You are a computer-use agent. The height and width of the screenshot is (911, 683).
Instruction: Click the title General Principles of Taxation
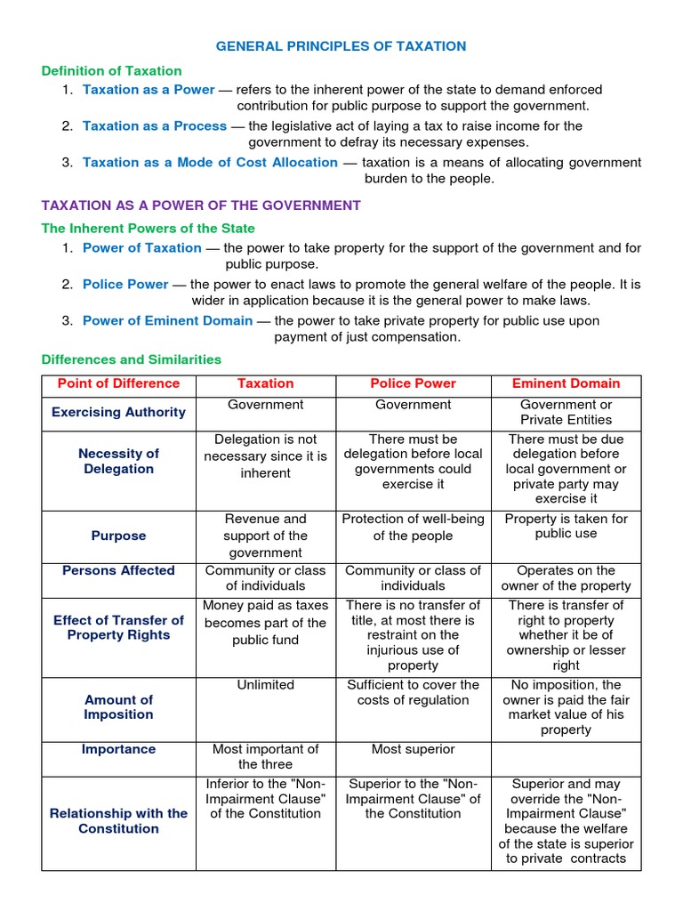[x=342, y=46]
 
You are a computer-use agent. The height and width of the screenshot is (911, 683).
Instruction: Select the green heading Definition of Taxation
[x=112, y=71]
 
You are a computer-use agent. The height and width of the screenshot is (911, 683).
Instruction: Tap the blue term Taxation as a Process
[x=155, y=126]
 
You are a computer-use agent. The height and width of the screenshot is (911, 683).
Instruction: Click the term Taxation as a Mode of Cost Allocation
[x=210, y=163]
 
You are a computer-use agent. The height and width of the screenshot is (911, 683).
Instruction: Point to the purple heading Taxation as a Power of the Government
[x=201, y=206]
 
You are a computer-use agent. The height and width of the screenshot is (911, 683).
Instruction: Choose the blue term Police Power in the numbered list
[x=125, y=285]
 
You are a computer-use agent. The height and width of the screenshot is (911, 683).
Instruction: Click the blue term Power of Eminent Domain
[x=167, y=321]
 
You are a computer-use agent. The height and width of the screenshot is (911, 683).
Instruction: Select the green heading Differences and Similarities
[x=132, y=360]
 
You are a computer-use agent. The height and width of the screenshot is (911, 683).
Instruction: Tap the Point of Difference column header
[x=118, y=384]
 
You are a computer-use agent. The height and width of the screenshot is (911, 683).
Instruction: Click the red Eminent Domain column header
[x=566, y=384]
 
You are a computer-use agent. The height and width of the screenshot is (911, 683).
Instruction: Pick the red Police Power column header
[x=413, y=384]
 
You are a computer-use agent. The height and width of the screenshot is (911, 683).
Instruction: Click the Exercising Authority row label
[x=118, y=413]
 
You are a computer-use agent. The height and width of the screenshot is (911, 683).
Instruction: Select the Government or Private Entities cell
[x=566, y=413]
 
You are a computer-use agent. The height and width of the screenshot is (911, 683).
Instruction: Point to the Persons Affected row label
[x=118, y=571]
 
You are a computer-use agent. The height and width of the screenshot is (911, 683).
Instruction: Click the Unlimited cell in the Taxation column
[x=265, y=686]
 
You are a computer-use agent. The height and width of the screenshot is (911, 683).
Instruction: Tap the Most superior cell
[x=413, y=750]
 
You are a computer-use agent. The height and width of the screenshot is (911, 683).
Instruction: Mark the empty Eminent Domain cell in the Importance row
[x=566, y=758]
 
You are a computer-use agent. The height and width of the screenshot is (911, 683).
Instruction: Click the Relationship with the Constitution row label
[x=118, y=821]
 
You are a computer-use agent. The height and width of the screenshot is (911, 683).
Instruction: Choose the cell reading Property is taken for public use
[x=566, y=527]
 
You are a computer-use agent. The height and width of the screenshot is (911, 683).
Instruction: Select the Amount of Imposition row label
[x=118, y=708]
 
